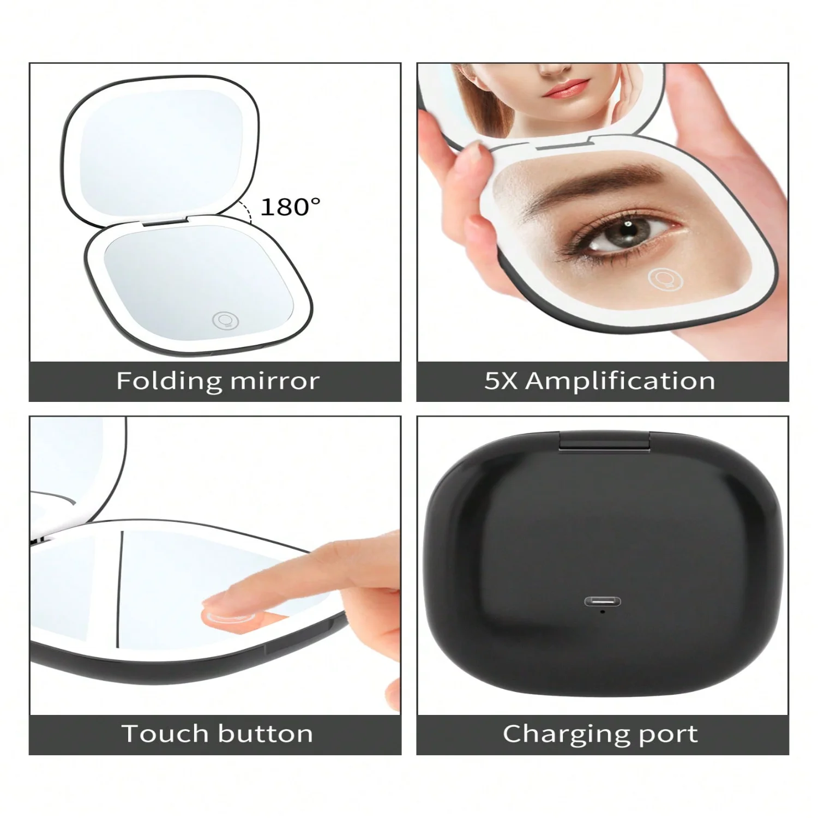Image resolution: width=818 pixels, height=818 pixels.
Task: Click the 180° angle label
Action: click(290, 207)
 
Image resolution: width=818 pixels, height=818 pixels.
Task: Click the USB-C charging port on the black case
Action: click(602, 602)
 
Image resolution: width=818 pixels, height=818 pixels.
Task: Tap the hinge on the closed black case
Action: click(604, 441)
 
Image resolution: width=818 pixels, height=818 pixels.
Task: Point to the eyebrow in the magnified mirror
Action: click(605, 180)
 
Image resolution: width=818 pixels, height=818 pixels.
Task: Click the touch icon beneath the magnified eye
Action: click(665, 279)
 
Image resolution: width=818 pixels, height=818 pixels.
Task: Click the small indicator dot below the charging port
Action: click(602, 611)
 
